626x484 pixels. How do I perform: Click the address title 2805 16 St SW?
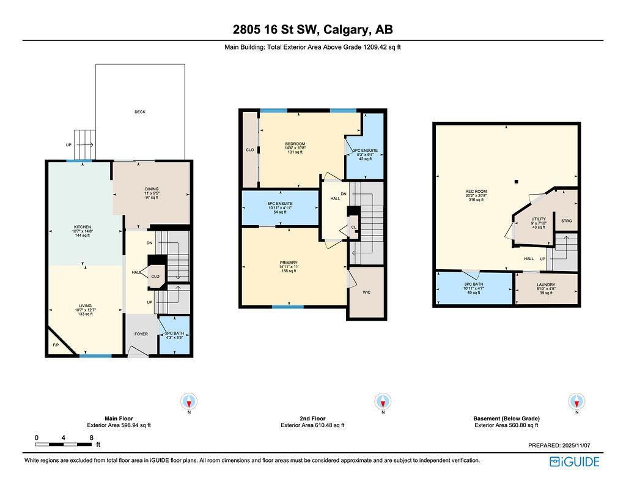[312, 29]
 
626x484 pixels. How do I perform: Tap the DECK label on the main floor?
[140, 112]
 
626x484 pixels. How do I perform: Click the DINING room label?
[151, 188]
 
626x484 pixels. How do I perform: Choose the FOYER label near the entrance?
[141, 334]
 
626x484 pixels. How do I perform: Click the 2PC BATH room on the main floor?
[174, 335]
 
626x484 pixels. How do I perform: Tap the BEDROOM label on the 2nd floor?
[295, 144]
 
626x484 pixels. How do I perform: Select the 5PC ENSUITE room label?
[280, 203]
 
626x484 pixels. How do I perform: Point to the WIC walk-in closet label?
[367, 292]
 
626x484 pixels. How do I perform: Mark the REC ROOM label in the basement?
[476, 192]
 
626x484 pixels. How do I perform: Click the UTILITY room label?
[538, 219]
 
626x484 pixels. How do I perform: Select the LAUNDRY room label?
[545, 285]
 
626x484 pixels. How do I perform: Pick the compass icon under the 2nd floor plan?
[383, 402]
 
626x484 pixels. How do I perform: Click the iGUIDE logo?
[574, 461]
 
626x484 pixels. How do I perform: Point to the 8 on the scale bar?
[91, 437]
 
